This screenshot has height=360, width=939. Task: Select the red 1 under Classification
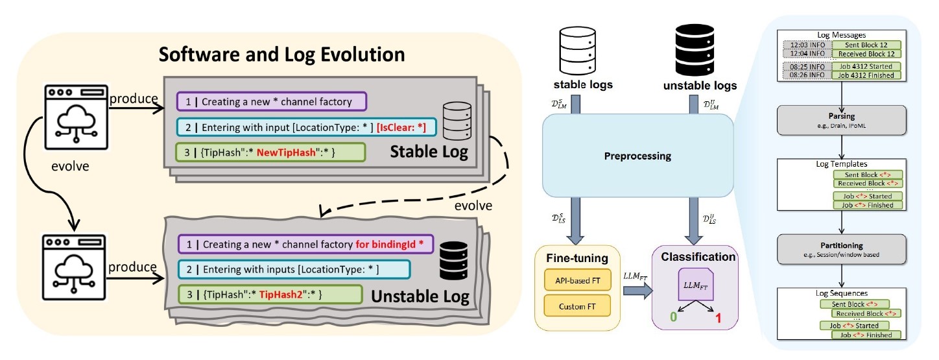[718, 318]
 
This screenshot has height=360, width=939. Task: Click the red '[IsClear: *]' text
[405, 127]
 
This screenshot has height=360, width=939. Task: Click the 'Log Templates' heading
[840, 165]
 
